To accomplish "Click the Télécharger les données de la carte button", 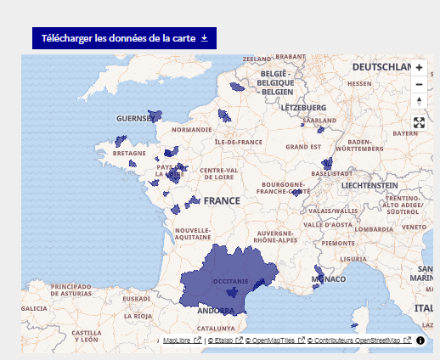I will pos(125,38).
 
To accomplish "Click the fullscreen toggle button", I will pos(419,122).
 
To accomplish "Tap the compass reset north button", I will pos(419,101).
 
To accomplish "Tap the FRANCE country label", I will pos(222,201).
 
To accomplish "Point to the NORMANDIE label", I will pos(191,130).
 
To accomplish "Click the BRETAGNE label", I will pos(130,154).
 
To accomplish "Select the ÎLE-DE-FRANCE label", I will pos(239,142).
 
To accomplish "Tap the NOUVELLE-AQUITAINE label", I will pos(193,234).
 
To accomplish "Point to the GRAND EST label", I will pos(303,147).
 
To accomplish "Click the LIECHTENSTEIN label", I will pos(367,184).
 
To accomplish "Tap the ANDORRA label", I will pos(216,310).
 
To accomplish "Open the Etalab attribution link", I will pos(224,340).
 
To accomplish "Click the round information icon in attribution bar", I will pos(420,340).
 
